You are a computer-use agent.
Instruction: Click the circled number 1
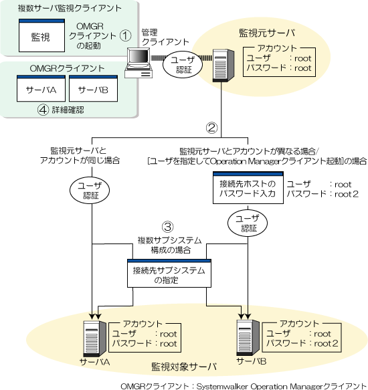[x=125, y=35]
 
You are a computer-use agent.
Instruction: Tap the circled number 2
[x=211, y=128]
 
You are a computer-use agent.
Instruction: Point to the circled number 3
[x=168, y=227]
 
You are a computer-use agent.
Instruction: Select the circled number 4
[x=43, y=110]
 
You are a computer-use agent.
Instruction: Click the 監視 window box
[x=41, y=35]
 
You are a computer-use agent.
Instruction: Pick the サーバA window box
[x=41, y=88]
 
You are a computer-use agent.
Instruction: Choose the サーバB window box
[x=93, y=88]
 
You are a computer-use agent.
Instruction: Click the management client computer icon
[x=139, y=63]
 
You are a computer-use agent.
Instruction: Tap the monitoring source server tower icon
[x=223, y=65]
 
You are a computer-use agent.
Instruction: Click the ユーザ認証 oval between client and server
[x=183, y=65]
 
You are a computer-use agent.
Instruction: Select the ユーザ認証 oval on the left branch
[x=90, y=191]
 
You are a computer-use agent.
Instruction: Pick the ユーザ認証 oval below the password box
[x=248, y=223]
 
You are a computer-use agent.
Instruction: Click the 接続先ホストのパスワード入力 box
[x=248, y=188]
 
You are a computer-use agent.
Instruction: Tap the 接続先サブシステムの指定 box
[x=169, y=274]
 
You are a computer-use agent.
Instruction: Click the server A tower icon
[x=94, y=338]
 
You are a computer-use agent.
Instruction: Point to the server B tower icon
[x=248, y=338]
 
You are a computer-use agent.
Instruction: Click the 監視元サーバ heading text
[x=267, y=33]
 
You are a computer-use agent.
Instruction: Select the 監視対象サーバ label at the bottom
[x=184, y=367]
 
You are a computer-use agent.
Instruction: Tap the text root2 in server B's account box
[x=326, y=343]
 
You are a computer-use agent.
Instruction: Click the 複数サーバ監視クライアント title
[x=70, y=8]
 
